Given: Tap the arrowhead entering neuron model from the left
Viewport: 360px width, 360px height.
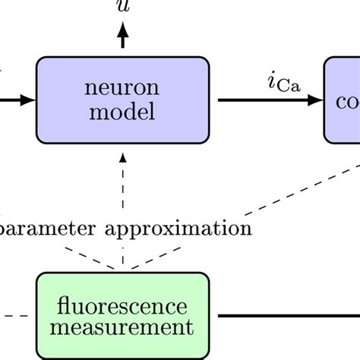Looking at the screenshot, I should [27, 99].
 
